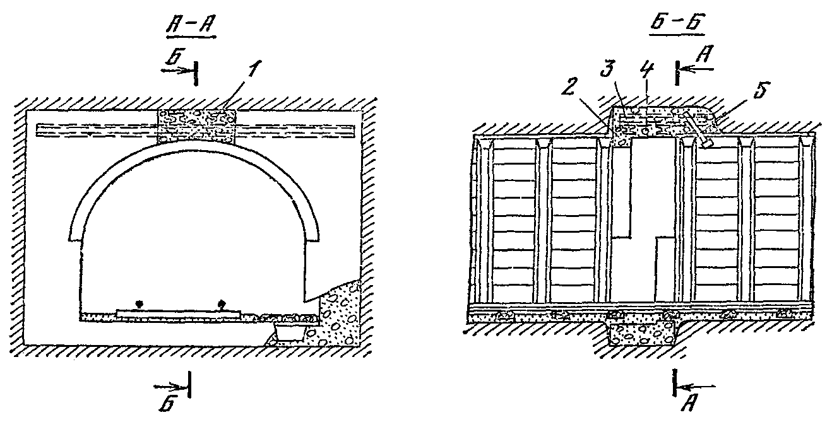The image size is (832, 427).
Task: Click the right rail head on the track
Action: coord(221,304)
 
